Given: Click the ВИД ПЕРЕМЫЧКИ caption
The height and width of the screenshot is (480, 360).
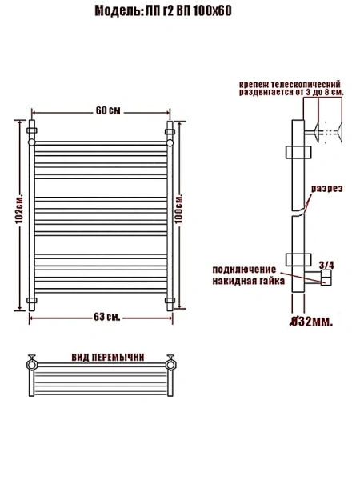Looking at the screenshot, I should click(x=107, y=357).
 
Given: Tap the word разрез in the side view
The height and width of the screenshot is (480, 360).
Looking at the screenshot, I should click(x=326, y=188).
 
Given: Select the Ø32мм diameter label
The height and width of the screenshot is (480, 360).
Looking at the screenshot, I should click(x=310, y=322).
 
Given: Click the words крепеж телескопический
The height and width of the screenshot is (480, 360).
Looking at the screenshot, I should click(x=291, y=84).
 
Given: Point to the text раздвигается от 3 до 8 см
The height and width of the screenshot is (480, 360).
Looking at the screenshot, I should click(x=291, y=93).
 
